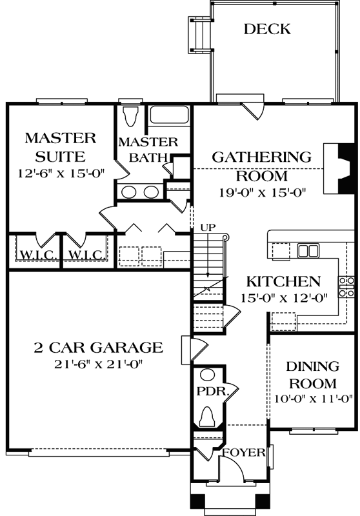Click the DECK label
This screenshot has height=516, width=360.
267,29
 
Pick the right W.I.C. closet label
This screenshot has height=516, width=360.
81,255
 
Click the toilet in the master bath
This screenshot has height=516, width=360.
131,117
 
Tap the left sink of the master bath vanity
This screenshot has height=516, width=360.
130,192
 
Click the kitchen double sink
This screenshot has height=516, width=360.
308,250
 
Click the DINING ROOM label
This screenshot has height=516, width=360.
313,375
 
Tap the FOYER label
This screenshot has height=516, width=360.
244,453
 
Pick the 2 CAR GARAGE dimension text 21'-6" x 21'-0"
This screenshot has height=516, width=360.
98,364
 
